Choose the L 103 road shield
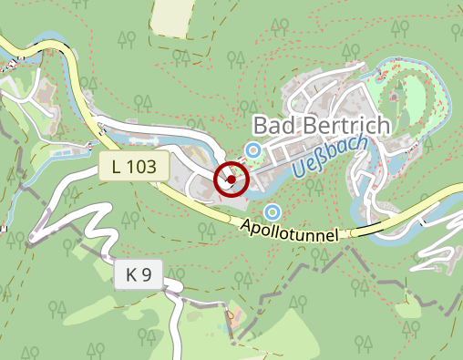pos(134,167)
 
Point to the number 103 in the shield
pos(146,167)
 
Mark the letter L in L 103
pos(117,167)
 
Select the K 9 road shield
pos(139,274)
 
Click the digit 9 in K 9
pos(148,274)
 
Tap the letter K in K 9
pos(132,274)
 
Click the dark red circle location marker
pos(231,180)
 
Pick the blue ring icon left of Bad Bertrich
pos(253,149)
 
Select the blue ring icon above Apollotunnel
pos(272,211)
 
